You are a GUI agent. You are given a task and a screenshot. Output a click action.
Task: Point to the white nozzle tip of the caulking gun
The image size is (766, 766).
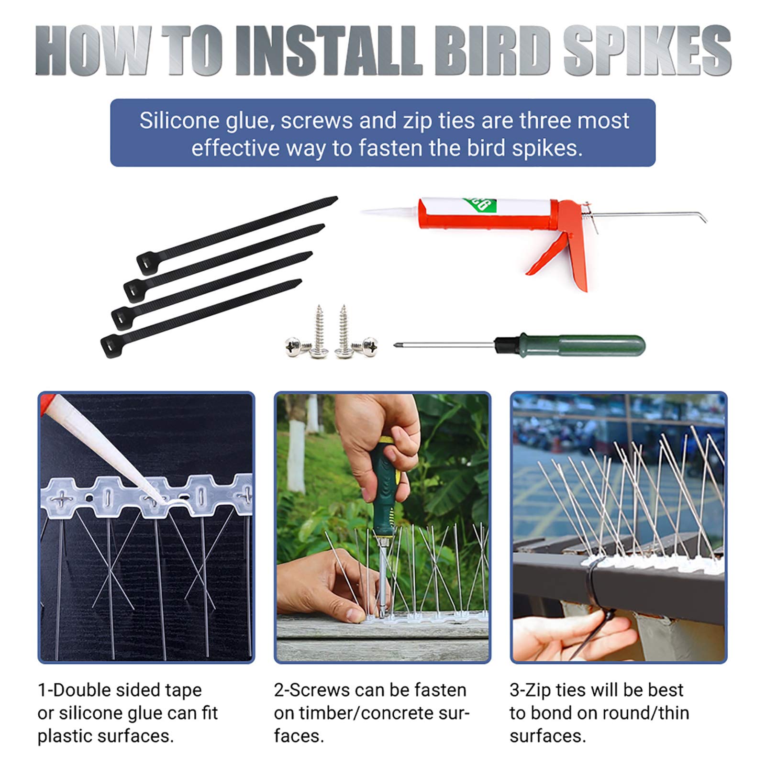click(x=371, y=211)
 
